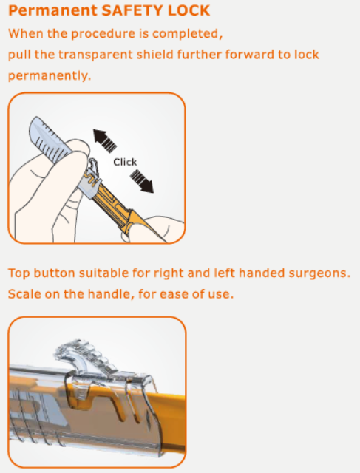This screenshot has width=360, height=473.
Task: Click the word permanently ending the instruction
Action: pos(49,76)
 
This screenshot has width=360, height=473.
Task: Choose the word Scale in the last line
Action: pos(24,294)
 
